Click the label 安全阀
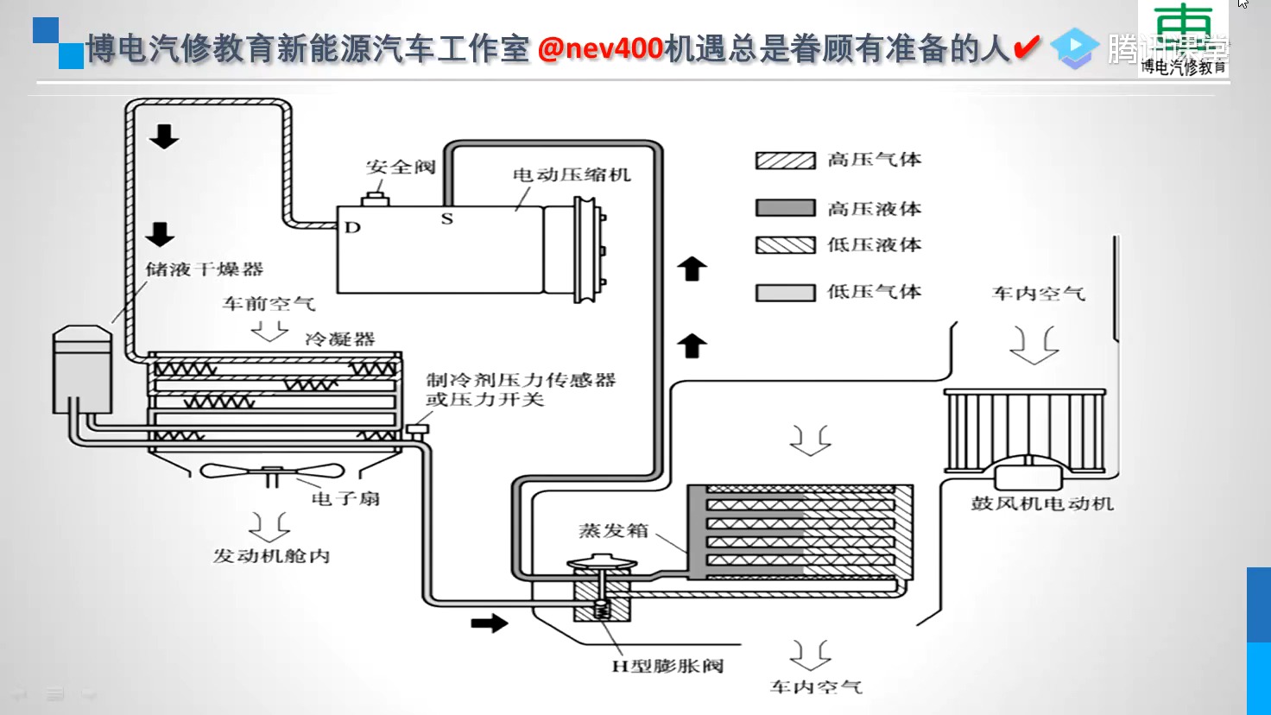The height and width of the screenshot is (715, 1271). (x=400, y=167)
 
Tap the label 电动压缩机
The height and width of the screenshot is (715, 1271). (x=572, y=174)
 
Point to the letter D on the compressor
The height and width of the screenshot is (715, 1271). (x=352, y=228)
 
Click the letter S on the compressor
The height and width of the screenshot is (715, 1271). (x=446, y=218)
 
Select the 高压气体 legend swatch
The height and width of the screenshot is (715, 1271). (x=785, y=161)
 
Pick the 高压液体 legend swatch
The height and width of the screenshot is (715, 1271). (x=785, y=208)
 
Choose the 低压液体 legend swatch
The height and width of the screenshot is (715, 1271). (x=785, y=245)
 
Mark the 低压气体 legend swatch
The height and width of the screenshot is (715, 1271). (x=785, y=293)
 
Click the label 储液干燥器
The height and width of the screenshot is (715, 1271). (x=204, y=269)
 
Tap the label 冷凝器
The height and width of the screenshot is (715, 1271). (x=340, y=339)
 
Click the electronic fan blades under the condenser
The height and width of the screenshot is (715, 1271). (x=272, y=471)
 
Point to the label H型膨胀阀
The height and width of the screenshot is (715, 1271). (x=667, y=666)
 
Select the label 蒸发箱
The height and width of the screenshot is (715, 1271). (x=613, y=530)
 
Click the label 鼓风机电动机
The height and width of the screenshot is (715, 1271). (x=1042, y=503)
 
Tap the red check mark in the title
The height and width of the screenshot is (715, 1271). (x=1026, y=47)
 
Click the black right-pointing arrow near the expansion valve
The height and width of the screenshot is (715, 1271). (x=490, y=623)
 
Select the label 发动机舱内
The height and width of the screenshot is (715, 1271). (x=271, y=556)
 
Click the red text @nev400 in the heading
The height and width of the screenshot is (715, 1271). (x=601, y=48)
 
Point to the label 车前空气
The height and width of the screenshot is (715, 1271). (x=269, y=304)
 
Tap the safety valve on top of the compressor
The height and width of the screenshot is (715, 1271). (x=376, y=198)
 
